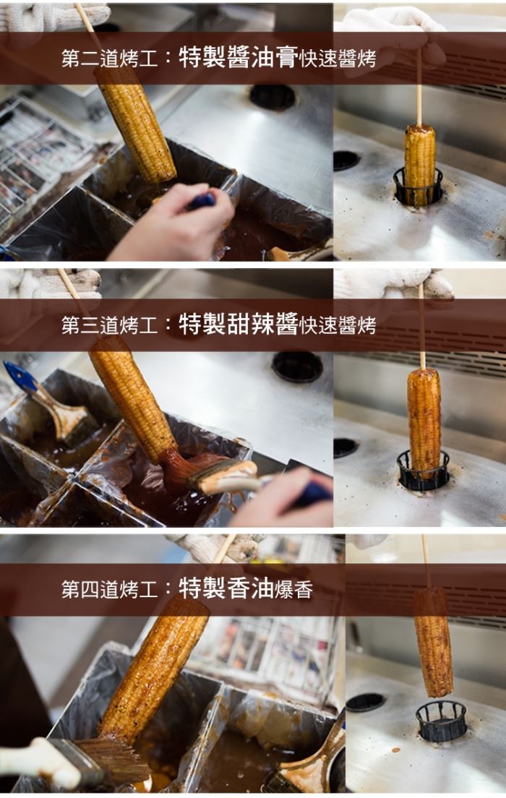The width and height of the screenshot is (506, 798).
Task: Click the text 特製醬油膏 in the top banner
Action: tap(239, 58)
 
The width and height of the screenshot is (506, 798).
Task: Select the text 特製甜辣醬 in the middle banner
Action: tap(239, 324)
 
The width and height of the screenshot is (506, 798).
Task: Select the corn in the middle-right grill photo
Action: tap(424, 420)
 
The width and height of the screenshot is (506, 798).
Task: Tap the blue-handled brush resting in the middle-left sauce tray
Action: tap(48, 400)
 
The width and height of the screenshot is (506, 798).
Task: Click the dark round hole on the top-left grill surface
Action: tap(273, 97)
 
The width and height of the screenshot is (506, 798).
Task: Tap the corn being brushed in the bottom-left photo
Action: tap(153, 672)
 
